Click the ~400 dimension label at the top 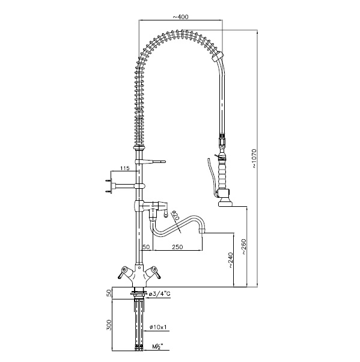(180, 17)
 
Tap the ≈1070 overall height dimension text (254, 158)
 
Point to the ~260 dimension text (244, 247)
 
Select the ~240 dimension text (231, 260)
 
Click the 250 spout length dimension (177, 247)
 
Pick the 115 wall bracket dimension (125, 168)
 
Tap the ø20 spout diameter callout (175, 215)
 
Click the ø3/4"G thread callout (160, 294)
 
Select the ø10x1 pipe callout (158, 327)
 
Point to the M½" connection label (158, 346)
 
